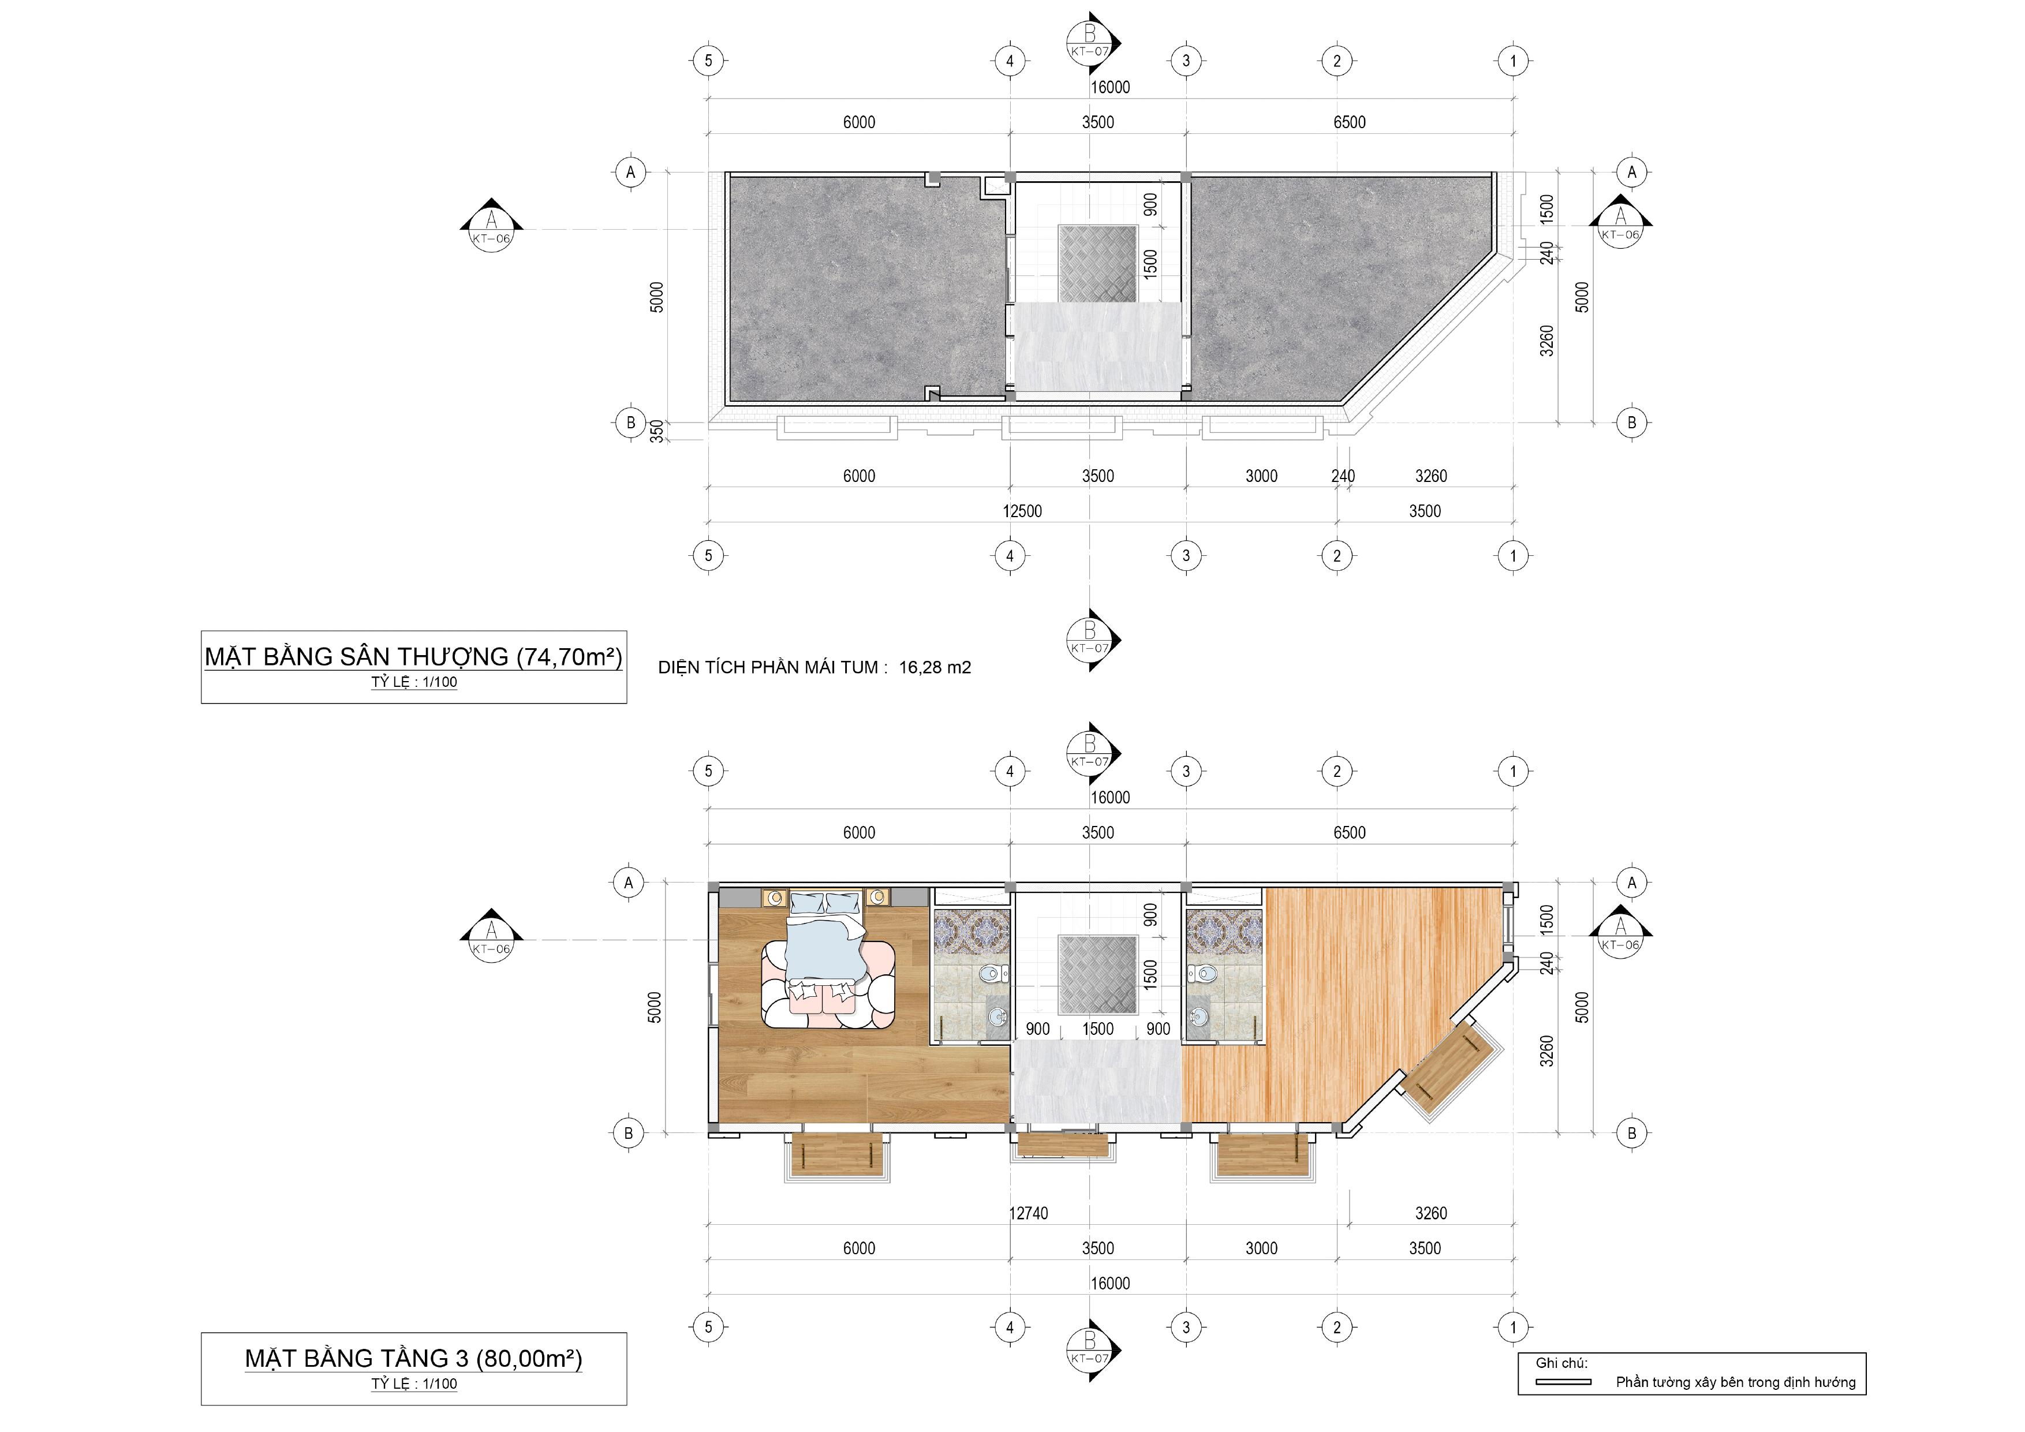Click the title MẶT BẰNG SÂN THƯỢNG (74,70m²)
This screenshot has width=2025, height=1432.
point(414,657)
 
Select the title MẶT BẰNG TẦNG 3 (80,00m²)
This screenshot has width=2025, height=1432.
point(414,1359)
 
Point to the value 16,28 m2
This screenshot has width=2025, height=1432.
point(935,667)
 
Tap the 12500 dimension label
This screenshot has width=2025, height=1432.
point(1022,511)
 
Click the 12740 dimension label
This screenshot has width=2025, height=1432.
point(1029,1213)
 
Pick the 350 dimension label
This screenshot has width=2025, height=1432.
point(657,431)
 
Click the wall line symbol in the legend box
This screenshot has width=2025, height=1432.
point(1563,1382)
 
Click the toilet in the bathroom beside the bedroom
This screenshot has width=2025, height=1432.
point(991,975)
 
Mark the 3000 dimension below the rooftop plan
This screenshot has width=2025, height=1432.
point(1261,476)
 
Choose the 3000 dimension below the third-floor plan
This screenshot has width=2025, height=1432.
point(1261,1248)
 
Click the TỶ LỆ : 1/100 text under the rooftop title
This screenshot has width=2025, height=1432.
point(414,682)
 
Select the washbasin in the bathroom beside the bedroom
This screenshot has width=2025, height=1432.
point(997,1016)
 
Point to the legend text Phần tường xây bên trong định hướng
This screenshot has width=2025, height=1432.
point(1736,1382)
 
